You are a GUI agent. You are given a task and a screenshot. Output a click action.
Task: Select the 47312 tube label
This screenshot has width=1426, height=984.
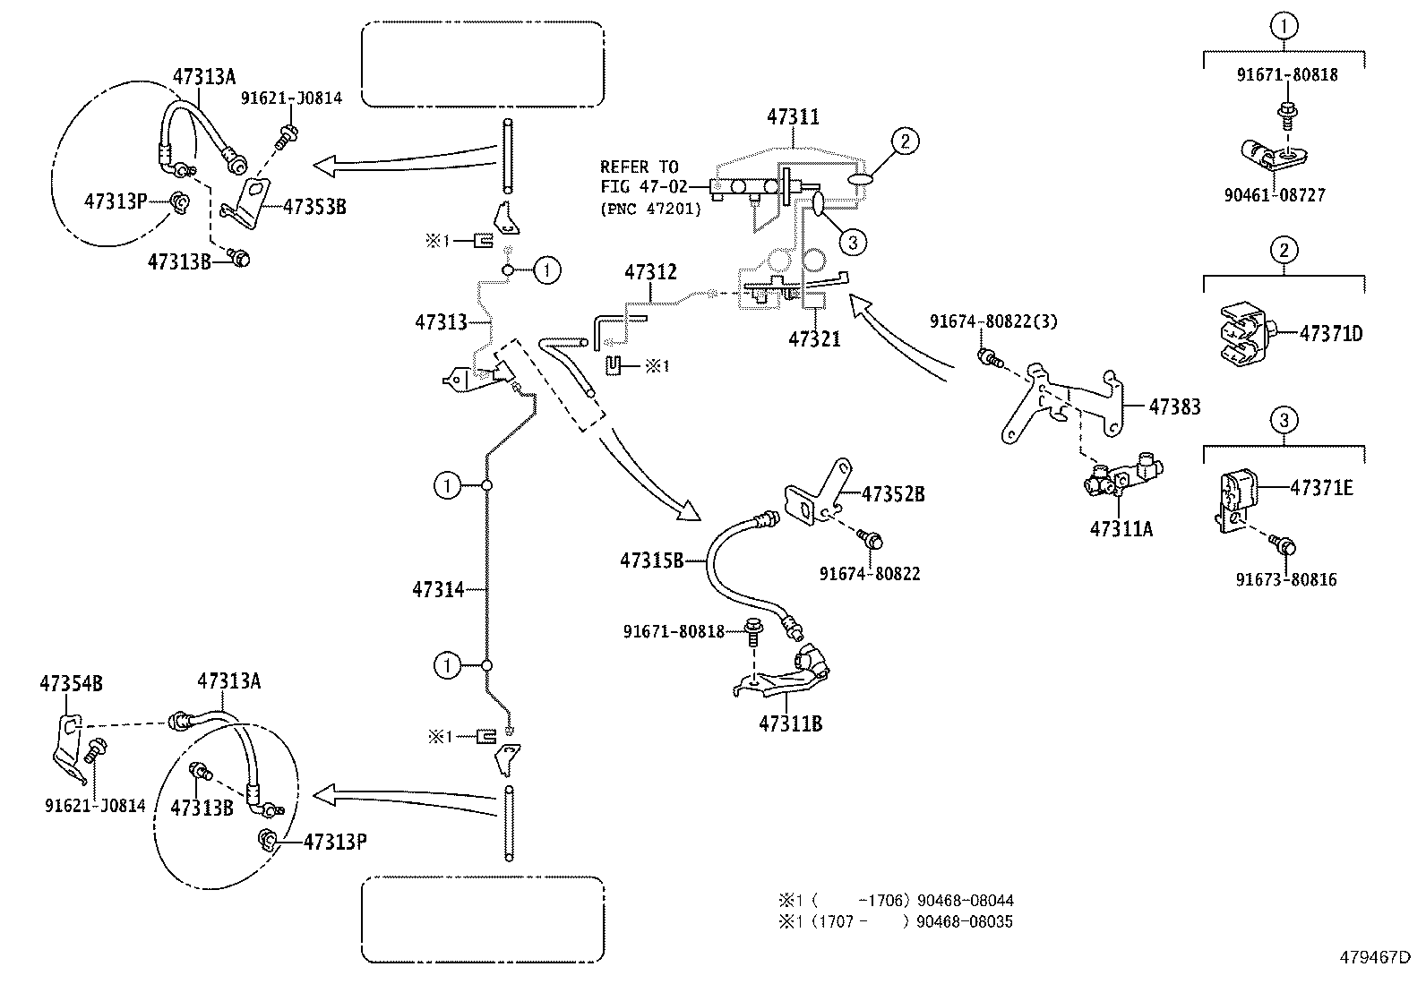tap(650, 272)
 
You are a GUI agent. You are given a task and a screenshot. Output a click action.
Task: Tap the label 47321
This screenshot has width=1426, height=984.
tap(814, 340)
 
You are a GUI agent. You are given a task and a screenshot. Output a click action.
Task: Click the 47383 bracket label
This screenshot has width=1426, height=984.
tap(1174, 407)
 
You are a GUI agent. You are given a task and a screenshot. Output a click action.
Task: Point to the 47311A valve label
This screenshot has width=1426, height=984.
tap(1121, 529)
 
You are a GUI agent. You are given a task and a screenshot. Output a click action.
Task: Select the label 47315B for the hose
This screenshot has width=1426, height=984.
tap(652, 561)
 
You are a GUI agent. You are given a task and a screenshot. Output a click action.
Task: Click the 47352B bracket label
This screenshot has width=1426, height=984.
tap(893, 494)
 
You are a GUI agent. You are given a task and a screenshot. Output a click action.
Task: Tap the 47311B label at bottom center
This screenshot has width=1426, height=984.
tap(790, 724)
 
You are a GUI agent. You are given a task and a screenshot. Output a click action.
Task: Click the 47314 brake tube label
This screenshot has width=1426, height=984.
tap(438, 590)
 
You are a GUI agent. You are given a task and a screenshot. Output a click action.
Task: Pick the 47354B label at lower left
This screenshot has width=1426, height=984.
tap(71, 684)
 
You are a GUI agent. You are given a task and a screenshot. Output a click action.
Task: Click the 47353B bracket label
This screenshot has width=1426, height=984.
tap(314, 207)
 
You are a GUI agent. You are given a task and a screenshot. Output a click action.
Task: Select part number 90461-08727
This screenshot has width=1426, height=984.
tap(1285, 195)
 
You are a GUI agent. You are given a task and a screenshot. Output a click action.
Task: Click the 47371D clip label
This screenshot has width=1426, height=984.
tap(1330, 335)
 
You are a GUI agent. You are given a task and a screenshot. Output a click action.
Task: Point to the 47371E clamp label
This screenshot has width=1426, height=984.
tap(1321, 488)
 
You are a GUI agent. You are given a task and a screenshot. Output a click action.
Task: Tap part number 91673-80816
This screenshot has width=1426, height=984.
tap(1286, 580)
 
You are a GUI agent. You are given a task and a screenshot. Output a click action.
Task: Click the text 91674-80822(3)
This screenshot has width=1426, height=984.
tap(993, 321)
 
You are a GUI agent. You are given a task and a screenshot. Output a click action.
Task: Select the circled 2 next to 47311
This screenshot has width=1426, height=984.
tap(906, 141)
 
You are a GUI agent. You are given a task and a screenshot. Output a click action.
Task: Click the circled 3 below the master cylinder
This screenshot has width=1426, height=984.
tap(853, 241)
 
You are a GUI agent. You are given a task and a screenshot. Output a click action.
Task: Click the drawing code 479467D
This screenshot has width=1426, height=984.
tap(1375, 957)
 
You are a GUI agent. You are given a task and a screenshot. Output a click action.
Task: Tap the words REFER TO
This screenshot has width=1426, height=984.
tap(639, 167)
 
